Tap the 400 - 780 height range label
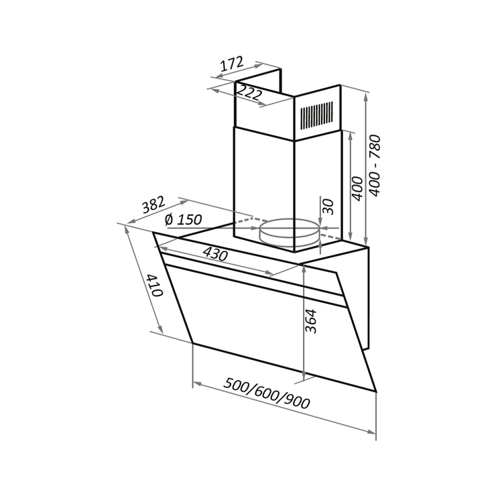click(375, 165)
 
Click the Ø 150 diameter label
click(183, 220)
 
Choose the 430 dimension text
click(215, 254)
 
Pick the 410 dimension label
click(156, 285)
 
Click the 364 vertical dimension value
click(311, 321)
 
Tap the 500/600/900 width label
click(266, 393)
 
